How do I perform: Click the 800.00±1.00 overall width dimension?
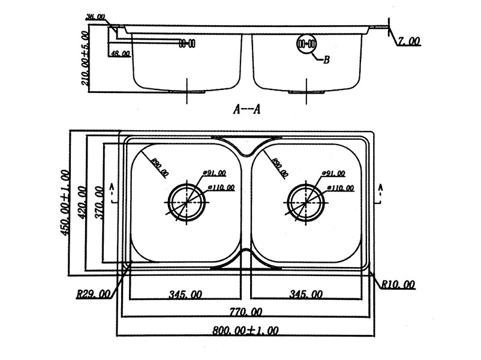coord(245,330)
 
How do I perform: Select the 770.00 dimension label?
coord(245,311)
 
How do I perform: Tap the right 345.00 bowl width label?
coord(305,294)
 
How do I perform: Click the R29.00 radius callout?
coord(94,294)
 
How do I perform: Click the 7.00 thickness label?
coord(410,41)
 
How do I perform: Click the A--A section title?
coord(246,109)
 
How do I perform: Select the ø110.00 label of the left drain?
coord(220,188)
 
